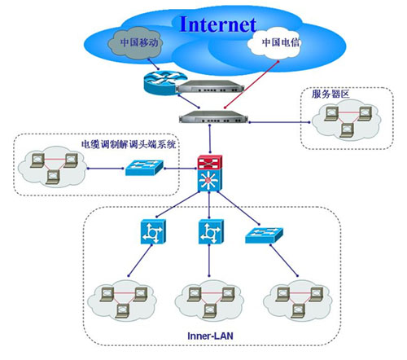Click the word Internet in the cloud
point(218,24)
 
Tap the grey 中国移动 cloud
point(136,43)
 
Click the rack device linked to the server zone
point(213,116)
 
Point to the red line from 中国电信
point(252,85)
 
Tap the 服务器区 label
point(330,94)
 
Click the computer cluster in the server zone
point(347,120)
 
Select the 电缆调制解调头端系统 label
point(129,144)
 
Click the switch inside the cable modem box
point(144,168)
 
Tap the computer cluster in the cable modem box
point(51,167)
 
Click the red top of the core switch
point(210,162)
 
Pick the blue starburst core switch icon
point(209,179)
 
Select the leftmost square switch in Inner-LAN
point(153,231)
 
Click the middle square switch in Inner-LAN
point(211,231)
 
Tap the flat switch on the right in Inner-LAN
point(264,235)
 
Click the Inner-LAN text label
point(210,336)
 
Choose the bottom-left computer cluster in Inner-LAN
point(122,301)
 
